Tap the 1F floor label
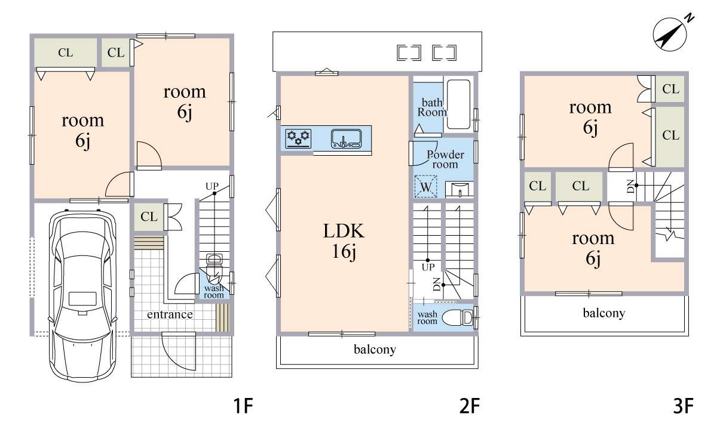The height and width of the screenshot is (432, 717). [243, 406]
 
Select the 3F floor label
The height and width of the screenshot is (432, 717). [684, 406]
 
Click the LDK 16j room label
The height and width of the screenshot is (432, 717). [344, 241]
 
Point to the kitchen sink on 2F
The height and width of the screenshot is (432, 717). [346, 138]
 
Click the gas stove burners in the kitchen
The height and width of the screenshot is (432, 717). [298, 138]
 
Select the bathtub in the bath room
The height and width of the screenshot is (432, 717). [458, 104]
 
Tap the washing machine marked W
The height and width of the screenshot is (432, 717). [425, 186]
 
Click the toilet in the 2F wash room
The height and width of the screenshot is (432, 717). [458, 317]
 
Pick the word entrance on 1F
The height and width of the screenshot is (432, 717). [170, 314]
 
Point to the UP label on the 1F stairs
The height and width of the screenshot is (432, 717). [212, 186]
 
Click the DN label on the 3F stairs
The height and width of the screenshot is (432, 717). [630, 187]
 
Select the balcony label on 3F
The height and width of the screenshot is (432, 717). [604, 313]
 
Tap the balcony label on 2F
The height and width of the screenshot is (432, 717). [375, 349]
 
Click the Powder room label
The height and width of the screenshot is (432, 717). [445, 159]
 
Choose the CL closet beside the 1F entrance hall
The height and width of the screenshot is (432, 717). [149, 217]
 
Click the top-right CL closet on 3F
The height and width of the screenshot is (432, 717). [670, 89]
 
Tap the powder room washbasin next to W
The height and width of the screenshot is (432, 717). [459, 189]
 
